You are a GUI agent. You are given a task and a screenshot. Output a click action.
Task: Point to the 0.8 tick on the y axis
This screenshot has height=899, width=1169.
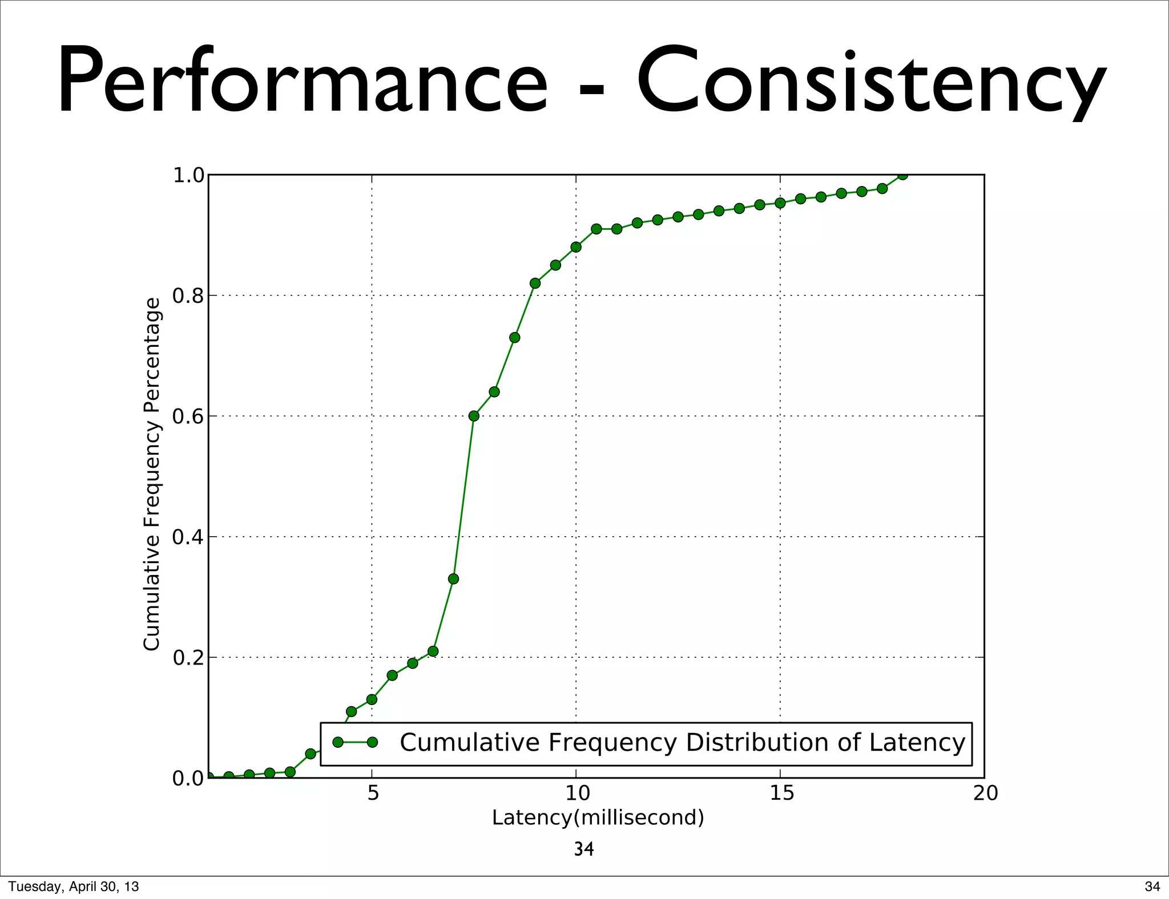click(x=188, y=295)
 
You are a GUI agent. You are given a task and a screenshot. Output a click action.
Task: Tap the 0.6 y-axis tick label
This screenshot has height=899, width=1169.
click(x=188, y=416)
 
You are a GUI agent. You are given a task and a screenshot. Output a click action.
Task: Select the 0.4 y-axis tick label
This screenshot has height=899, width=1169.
click(x=188, y=537)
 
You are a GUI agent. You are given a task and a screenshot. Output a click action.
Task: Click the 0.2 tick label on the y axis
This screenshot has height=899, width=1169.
click(x=188, y=658)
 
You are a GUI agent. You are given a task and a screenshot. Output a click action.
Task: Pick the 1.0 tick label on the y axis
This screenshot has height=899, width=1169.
click(x=188, y=176)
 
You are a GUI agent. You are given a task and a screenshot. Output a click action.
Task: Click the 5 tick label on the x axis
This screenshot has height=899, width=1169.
click(x=373, y=793)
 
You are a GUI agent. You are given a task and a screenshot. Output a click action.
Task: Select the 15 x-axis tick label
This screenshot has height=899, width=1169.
click(x=781, y=793)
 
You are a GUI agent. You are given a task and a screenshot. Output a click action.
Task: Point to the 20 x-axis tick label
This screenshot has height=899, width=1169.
click(x=985, y=793)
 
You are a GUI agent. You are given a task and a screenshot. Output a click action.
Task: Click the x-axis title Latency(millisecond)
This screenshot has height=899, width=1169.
click(x=598, y=818)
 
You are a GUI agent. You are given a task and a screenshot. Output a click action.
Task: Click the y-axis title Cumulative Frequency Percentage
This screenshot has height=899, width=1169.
click(x=152, y=474)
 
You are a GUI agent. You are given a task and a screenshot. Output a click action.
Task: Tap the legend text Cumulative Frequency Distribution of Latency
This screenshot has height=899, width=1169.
click(x=682, y=743)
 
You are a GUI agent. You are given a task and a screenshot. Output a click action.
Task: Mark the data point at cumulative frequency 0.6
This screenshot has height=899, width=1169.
click(x=474, y=416)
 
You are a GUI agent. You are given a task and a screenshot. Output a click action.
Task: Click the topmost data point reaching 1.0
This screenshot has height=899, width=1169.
click(x=902, y=175)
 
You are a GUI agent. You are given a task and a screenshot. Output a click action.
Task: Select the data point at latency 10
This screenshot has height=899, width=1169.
click(x=576, y=247)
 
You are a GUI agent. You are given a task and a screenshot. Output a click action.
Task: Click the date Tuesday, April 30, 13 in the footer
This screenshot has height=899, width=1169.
click(x=74, y=886)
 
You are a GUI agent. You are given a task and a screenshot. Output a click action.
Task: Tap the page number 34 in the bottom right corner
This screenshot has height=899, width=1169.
click(x=1152, y=886)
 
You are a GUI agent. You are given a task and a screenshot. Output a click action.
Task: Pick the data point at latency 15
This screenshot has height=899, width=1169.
click(x=780, y=203)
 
